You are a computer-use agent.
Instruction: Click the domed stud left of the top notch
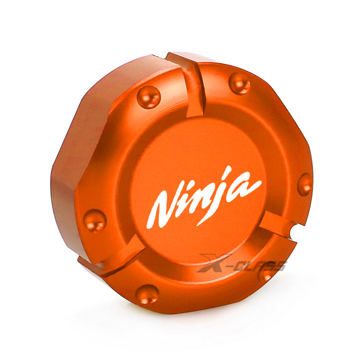[x=149, y=97]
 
